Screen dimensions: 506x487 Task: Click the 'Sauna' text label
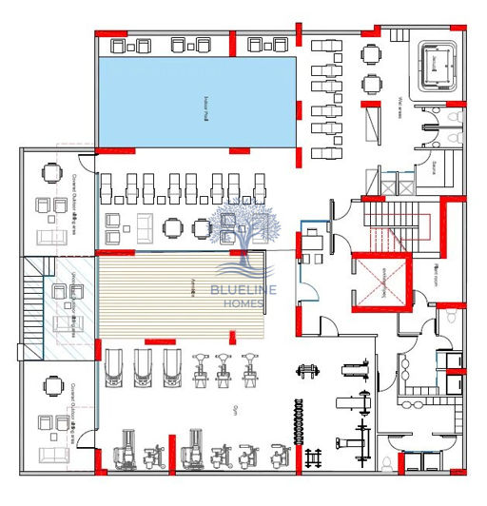coord(434,168)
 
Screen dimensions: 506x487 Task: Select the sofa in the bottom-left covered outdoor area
coord(46,424)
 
